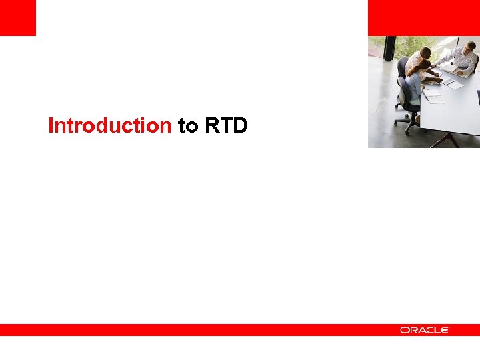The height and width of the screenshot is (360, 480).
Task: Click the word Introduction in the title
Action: point(109,125)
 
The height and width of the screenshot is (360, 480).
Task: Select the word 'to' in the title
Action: point(188,125)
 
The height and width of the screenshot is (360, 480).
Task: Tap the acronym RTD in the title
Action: point(227,125)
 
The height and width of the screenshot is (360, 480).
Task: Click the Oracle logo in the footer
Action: point(425,330)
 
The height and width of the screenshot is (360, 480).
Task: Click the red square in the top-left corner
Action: point(17,17)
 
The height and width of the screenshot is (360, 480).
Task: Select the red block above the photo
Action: point(423,17)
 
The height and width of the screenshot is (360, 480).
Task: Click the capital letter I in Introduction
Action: point(51,125)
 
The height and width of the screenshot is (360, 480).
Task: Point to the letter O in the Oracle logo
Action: point(404,330)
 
